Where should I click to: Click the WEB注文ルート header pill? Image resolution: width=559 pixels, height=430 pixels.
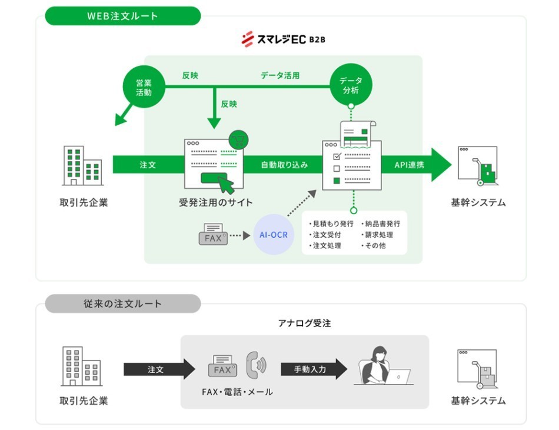122,16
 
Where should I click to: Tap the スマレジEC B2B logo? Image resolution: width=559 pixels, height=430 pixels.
284,39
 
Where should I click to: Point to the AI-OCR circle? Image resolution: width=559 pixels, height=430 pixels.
273,235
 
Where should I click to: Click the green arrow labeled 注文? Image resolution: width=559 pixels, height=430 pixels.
148,165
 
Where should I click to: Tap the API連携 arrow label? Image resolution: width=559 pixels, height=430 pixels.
409,165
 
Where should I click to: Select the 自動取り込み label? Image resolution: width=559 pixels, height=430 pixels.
284,165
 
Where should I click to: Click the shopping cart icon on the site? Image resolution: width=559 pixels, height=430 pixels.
238,139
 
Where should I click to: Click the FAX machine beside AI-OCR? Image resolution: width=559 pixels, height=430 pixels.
212,235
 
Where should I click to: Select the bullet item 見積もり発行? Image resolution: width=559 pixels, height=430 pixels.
331,224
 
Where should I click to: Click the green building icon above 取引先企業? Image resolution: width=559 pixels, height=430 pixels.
82,166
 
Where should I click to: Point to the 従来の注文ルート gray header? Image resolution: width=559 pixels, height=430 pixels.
122,304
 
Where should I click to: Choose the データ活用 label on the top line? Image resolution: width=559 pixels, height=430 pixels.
280,75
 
